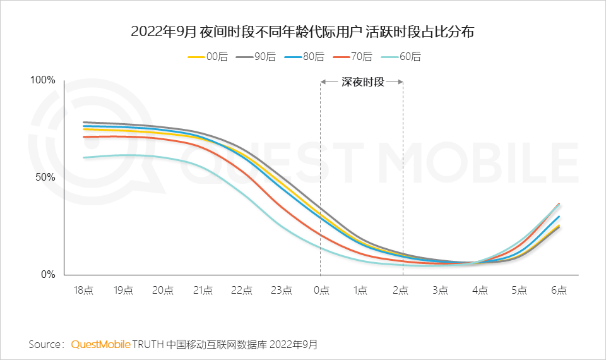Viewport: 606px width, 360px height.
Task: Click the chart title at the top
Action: click(x=302, y=32)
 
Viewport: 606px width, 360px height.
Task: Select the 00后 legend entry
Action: click(x=208, y=57)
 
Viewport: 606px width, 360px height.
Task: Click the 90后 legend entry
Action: click(x=256, y=57)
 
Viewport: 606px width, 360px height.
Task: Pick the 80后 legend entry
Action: click(x=305, y=57)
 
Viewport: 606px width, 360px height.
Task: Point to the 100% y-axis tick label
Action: click(x=43, y=80)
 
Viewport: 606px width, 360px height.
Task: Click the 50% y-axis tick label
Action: click(x=45, y=177)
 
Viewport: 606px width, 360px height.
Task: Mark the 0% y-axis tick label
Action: click(x=48, y=274)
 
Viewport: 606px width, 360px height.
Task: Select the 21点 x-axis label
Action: click(x=202, y=291)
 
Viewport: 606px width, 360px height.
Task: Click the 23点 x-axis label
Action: click(x=282, y=291)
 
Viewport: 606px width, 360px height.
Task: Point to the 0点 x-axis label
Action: click(x=321, y=291)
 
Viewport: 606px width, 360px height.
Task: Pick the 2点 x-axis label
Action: click(x=400, y=291)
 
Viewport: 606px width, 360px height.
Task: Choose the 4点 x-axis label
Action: click(x=480, y=291)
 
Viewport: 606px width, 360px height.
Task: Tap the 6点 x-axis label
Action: click(x=559, y=291)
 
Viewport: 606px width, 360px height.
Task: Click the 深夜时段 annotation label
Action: click(x=362, y=81)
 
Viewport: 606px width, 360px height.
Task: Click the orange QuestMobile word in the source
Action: click(x=101, y=344)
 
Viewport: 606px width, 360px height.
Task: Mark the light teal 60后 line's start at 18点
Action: click(x=84, y=157)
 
